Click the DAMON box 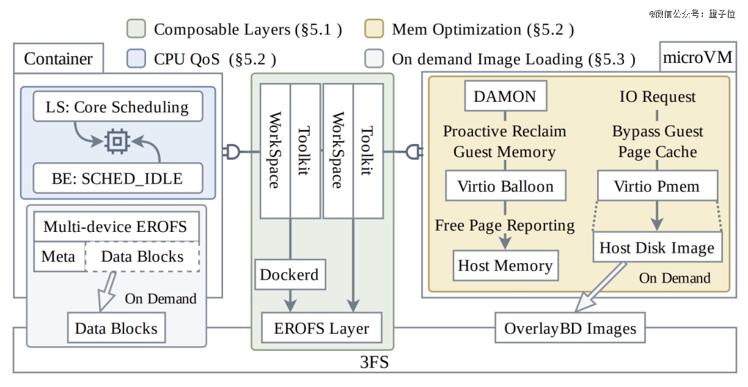point(506,96)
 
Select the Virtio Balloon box point(506,186)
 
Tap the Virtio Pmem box point(657,186)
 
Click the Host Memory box point(505,265)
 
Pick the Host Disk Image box point(657,247)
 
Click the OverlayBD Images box point(570,328)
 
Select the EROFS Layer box point(321,328)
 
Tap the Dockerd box point(290,275)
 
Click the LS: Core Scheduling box point(118,107)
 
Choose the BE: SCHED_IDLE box point(118,178)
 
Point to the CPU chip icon point(117,141)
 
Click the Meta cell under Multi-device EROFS point(59,256)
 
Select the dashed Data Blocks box point(142,256)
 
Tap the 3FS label point(374,363)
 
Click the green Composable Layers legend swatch point(136,28)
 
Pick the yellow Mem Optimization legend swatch point(374,28)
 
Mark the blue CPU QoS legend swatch point(136,58)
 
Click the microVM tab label point(697,57)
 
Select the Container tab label point(58,59)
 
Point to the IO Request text point(657,96)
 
